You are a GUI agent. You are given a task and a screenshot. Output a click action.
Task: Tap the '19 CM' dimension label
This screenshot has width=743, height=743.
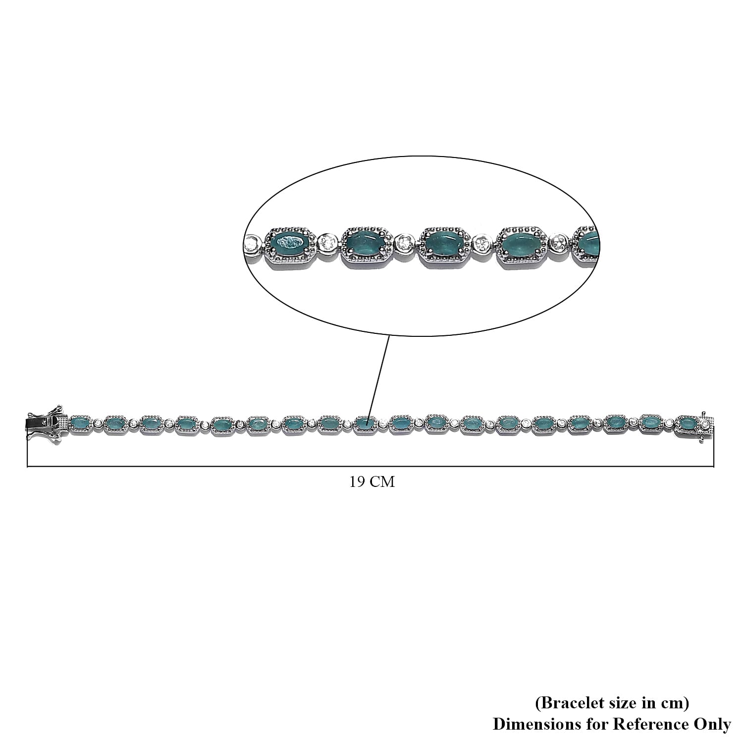click(372, 482)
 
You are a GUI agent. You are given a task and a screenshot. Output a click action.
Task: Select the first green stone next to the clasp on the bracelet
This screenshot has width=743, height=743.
click(81, 424)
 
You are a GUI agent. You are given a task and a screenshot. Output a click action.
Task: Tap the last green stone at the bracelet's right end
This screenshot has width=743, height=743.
click(686, 424)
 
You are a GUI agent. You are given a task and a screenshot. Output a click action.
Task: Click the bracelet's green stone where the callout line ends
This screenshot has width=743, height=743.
click(366, 424)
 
